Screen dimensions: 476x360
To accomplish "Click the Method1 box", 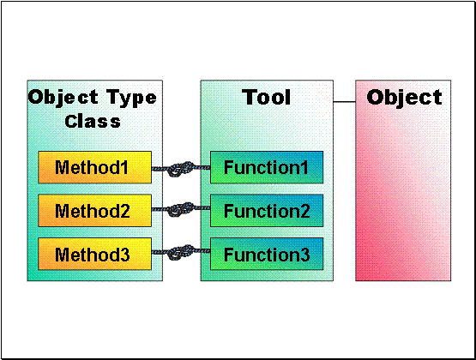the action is click(x=94, y=167).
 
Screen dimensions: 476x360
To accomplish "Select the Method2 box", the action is click(x=94, y=211).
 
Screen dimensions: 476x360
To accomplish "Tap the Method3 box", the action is click(x=94, y=254).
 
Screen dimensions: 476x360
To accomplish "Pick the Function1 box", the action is click(x=267, y=167).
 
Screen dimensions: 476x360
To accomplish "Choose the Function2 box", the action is click(x=267, y=211).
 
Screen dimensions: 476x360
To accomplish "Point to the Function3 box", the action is click(x=267, y=254).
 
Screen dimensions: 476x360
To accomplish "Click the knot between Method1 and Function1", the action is click(x=181, y=169).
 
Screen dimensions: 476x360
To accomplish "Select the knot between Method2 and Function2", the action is click(x=181, y=209).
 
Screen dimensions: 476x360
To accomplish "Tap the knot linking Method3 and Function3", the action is click(x=181, y=252).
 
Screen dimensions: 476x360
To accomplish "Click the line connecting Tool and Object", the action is click(x=344, y=102).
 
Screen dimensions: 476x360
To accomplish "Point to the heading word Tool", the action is click(x=267, y=98).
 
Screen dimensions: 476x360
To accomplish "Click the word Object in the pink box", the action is click(x=404, y=99).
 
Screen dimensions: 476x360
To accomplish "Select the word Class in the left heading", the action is click(x=93, y=122).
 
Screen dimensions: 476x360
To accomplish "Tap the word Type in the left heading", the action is click(x=131, y=99).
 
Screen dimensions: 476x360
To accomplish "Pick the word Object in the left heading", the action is click(x=63, y=98).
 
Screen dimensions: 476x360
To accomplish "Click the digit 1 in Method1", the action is click(x=124, y=167).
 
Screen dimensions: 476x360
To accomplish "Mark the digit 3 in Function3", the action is click(x=304, y=255).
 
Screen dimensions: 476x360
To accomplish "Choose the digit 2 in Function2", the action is click(x=304, y=211).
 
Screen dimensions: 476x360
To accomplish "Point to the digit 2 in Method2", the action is click(x=124, y=211).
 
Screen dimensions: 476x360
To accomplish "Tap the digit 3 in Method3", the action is click(x=124, y=255).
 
